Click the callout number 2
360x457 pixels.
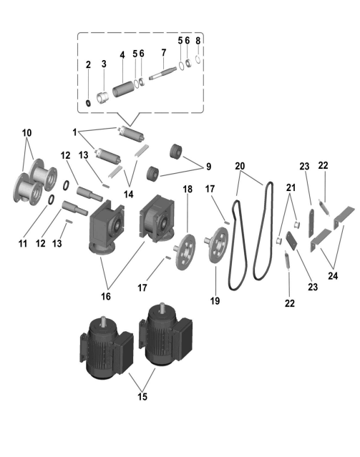(88, 64)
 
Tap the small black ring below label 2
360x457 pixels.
(88, 102)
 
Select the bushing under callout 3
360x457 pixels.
(102, 97)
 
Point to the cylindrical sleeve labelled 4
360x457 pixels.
(123, 89)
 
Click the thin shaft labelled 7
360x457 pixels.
(162, 72)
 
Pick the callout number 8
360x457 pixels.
(198, 41)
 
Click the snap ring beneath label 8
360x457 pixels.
(198, 59)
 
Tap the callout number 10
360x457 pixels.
(26, 133)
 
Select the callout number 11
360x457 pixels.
(22, 243)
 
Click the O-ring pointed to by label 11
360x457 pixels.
(51, 200)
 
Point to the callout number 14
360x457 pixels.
(129, 194)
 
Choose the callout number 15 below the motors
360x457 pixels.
(142, 397)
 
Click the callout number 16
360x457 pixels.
(106, 296)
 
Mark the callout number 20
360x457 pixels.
(240, 166)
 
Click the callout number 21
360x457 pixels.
(291, 187)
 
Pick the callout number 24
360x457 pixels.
(333, 276)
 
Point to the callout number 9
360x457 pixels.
(208, 167)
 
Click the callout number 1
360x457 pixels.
(74, 132)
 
